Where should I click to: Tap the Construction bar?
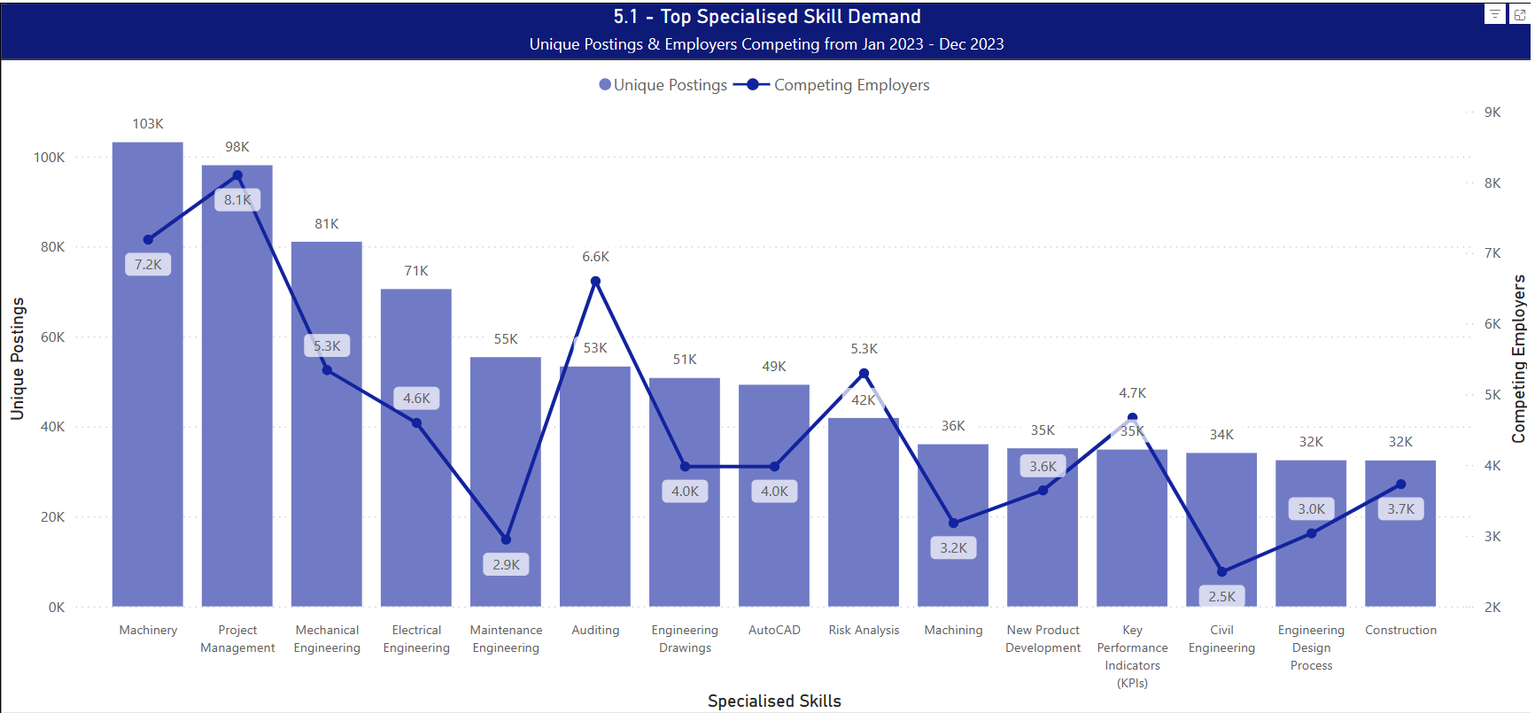point(1400,558)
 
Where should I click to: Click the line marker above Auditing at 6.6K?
point(595,282)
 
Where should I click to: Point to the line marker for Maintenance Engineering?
point(506,539)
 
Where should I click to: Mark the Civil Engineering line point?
point(1222,572)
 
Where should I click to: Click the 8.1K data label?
point(237,200)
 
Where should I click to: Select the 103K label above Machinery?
point(148,124)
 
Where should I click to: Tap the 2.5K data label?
point(1222,597)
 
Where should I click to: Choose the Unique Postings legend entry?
point(663,85)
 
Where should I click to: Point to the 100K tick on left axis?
point(50,158)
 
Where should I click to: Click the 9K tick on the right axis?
point(1492,112)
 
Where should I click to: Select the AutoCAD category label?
point(774,631)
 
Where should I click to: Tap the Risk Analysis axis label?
point(864,631)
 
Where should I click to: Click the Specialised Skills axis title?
point(774,701)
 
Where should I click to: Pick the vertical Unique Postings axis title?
point(18,359)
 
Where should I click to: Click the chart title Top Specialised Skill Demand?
point(767,17)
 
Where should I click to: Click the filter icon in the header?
point(1494,14)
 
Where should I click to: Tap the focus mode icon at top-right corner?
point(1520,14)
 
